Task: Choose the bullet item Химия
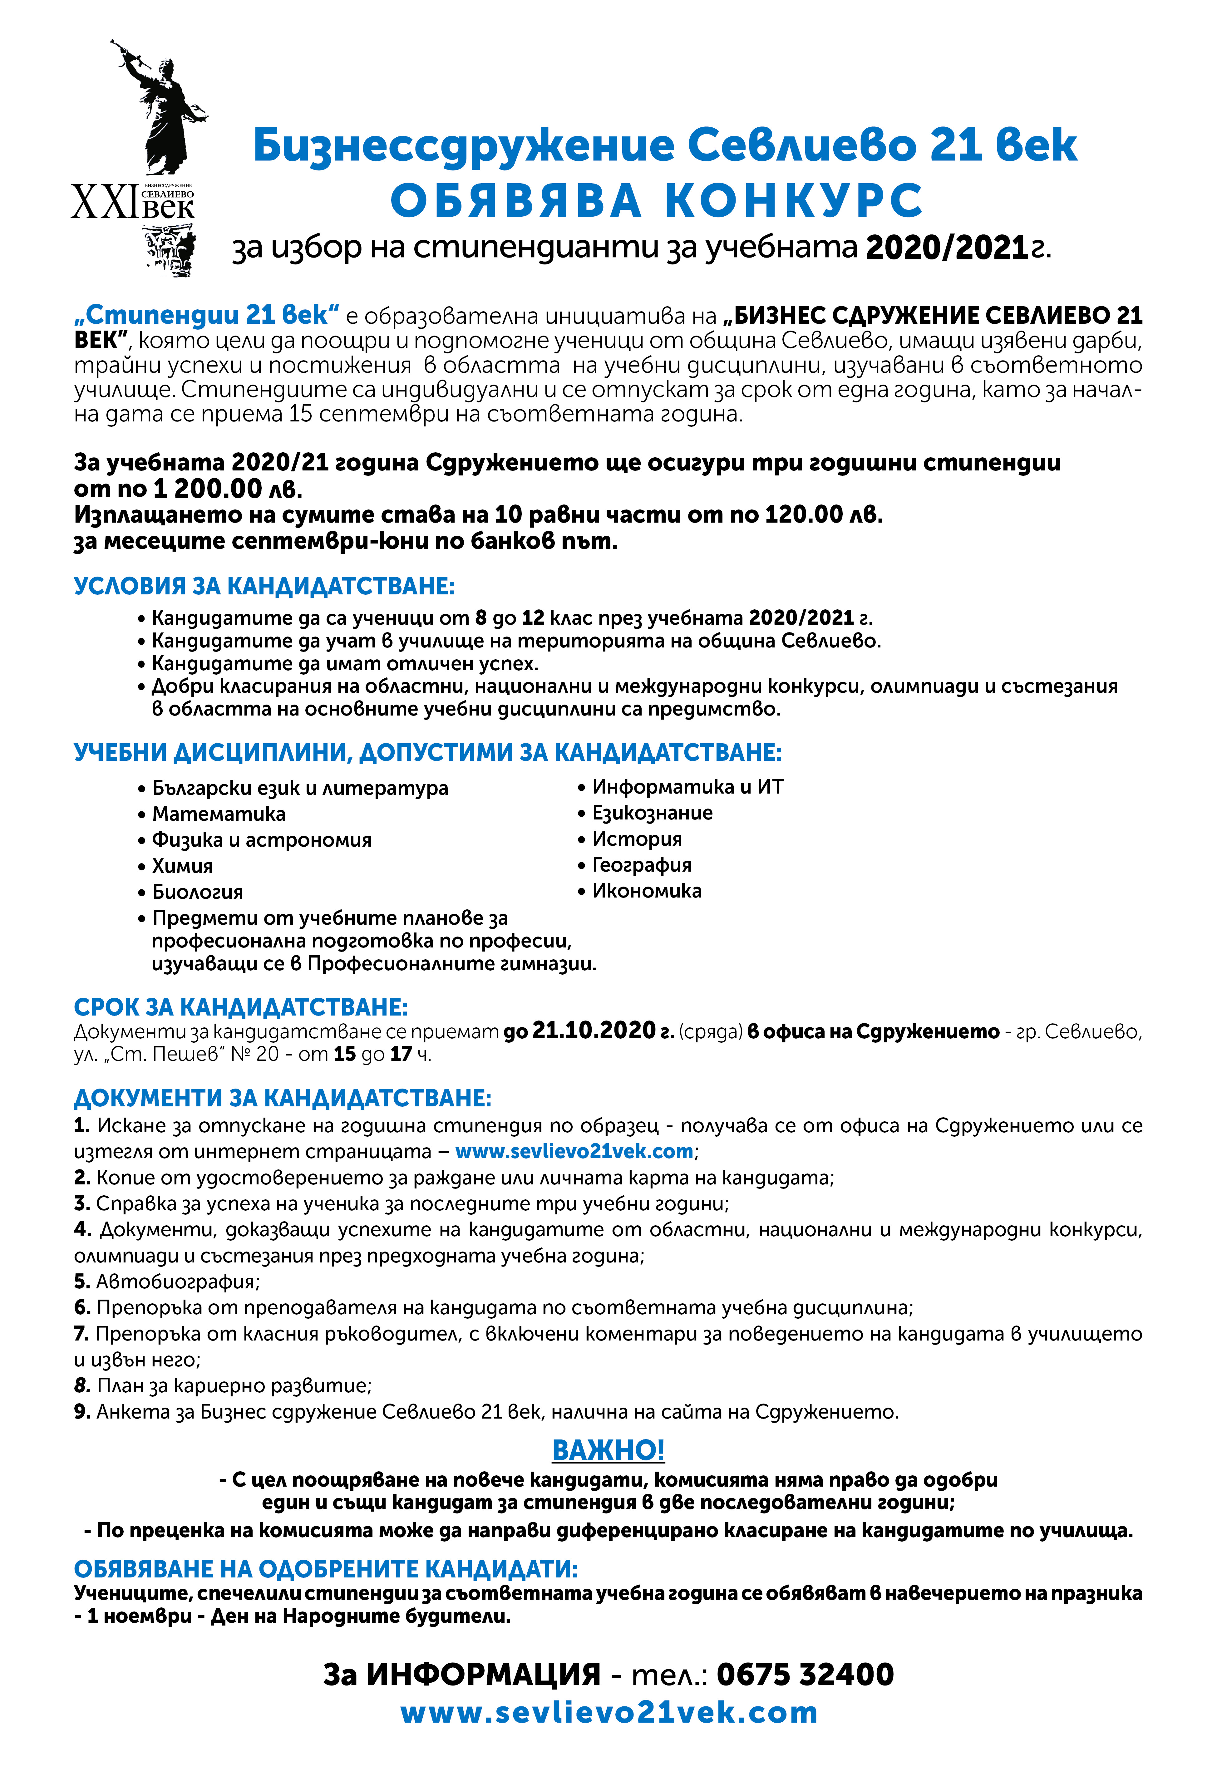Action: pyautogui.click(x=182, y=866)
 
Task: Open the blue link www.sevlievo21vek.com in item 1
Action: pyautogui.click(x=574, y=1152)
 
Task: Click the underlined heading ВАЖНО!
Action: pyautogui.click(x=608, y=1451)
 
